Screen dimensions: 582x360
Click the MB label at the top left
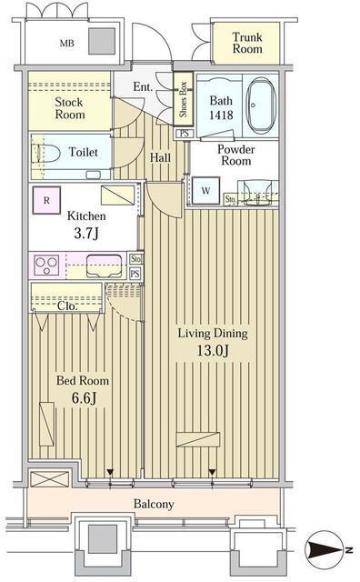(x=67, y=43)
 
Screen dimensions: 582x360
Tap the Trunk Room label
(x=246, y=43)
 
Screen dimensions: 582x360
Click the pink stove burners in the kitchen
(x=47, y=266)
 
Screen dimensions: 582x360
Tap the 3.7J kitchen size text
(x=86, y=235)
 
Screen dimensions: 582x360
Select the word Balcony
(x=154, y=504)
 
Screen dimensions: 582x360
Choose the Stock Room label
(x=68, y=108)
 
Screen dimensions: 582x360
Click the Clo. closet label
(x=66, y=306)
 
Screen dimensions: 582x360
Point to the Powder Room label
(x=235, y=156)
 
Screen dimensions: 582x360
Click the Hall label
(x=161, y=157)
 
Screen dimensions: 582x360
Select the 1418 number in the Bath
(x=222, y=116)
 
